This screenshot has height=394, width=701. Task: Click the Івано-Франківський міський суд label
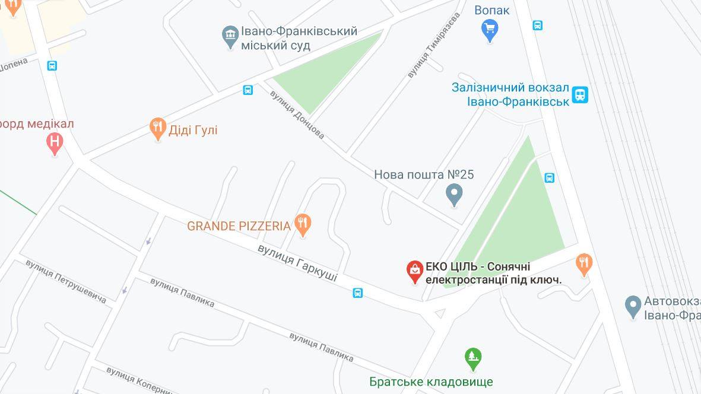click(299, 37)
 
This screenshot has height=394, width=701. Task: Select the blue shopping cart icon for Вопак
click(490, 28)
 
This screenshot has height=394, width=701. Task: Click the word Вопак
click(492, 10)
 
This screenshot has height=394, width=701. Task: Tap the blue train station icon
click(580, 94)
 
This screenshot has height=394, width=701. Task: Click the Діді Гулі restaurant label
click(193, 129)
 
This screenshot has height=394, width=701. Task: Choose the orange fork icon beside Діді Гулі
click(157, 128)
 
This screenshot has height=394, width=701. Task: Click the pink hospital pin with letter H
click(55, 142)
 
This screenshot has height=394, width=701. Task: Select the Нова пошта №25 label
click(424, 174)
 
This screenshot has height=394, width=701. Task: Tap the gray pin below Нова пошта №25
click(454, 193)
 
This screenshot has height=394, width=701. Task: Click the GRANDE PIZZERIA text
click(239, 226)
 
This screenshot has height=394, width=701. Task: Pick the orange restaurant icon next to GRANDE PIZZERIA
click(303, 224)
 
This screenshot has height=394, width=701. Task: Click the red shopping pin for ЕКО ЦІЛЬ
click(414, 271)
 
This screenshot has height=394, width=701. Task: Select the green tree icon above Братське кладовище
click(473, 357)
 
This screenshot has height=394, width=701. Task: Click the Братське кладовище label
click(431, 382)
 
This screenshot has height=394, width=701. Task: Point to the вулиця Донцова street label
click(297, 115)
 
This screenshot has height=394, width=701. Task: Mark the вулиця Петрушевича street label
click(66, 281)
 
